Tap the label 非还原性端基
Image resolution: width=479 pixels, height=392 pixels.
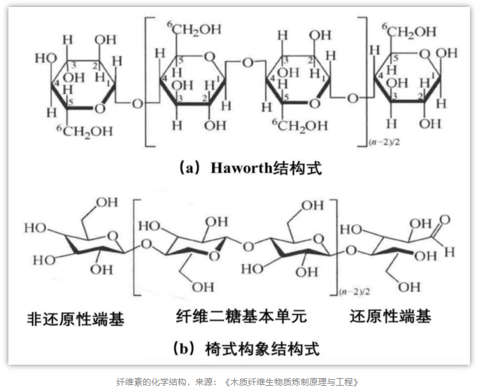coord(76,319)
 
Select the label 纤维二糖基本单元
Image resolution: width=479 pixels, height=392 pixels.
coord(241,316)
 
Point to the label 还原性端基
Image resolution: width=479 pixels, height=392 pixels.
coord(390,316)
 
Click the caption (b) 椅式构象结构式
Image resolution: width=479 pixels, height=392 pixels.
coord(246,349)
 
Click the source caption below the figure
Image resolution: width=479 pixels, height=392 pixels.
coord(238,382)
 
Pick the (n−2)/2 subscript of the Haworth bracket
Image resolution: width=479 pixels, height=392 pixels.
coord(384,142)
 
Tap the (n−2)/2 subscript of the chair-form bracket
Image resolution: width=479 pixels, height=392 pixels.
coord(355,292)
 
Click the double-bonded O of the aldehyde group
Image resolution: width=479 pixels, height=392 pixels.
coord(445,220)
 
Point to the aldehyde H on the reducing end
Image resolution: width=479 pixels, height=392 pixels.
coord(450,252)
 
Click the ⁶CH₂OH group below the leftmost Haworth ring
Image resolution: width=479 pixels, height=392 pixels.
coord(85,132)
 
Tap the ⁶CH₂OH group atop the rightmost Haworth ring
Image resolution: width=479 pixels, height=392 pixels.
coord(409,31)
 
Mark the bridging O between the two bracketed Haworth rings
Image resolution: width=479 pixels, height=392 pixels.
coord(248,63)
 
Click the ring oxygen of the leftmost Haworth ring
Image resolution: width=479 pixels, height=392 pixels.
coord(100,108)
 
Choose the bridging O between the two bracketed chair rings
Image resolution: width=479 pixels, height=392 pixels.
coord(248,246)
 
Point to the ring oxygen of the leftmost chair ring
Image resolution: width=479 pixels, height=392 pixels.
coord(113,236)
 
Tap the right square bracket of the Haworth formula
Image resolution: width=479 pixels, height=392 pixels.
coord(364,82)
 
